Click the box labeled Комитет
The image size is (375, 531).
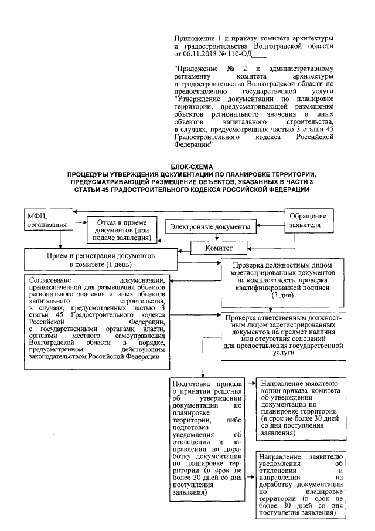click(x=219, y=248)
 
